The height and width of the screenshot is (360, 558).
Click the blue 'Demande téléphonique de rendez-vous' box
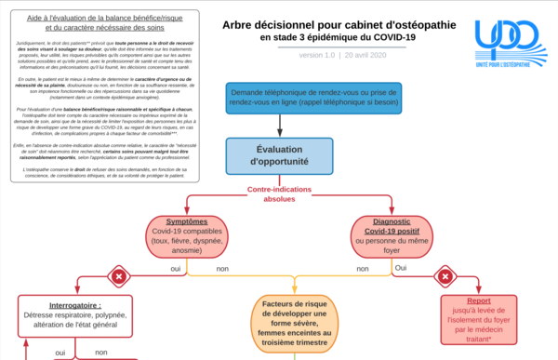[x=314, y=96]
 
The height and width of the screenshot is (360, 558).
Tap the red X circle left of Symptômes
[x=119, y=275]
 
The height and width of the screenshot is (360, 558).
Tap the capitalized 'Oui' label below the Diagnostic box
[x=401, y=267]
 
